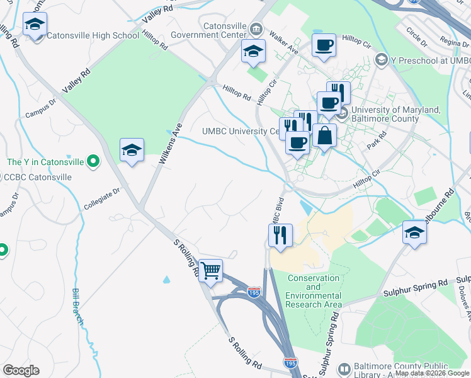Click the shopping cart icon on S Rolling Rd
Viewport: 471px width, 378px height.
point(211,271)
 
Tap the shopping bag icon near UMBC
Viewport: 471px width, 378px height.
point(324,135)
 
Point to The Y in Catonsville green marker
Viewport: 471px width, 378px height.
point(94,162)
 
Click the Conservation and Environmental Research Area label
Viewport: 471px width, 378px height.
point(313,291)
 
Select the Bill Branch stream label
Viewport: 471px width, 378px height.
point(77,306)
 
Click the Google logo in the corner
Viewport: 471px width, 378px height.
point(21,370)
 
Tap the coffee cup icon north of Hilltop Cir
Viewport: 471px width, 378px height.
point(324,45)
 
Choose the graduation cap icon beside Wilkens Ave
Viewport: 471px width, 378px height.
point(132,150)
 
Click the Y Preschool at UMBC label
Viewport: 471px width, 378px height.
point(425,60)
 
